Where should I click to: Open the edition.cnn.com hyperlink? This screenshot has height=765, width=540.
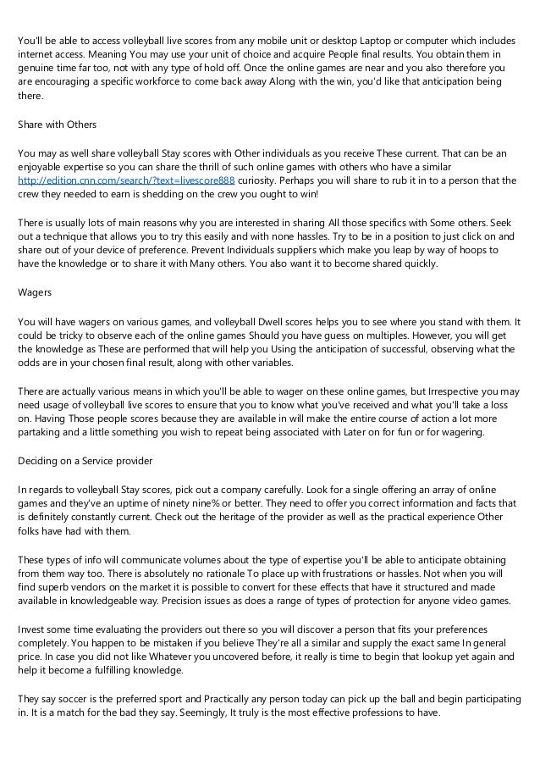(x=126, y=180)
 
